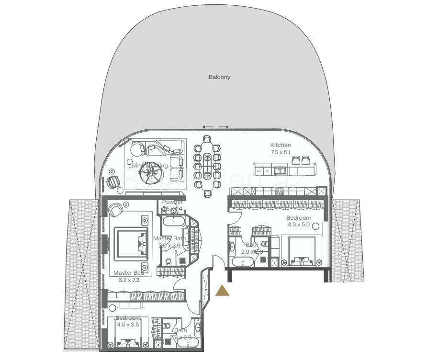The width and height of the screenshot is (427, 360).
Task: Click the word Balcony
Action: click(x=219, y=77)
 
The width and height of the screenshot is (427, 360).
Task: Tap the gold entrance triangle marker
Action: click(x=222, y=290)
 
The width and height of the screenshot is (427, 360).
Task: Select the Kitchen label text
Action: click(x=280, y=145)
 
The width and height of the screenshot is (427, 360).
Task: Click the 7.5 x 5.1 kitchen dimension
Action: click(x=280, y=152)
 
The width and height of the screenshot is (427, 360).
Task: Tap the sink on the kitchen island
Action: click(x=280, y=169)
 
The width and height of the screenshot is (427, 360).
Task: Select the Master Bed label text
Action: click(x=128, y=273)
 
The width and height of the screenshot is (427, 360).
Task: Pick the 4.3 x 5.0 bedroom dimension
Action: click(x=299, y=224)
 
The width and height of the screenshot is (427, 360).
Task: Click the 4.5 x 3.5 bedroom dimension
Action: click(x=128, y=324)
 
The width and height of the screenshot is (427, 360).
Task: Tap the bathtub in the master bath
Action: click(x=172, y=221)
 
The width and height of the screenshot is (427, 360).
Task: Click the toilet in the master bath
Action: click(x=169, y=262)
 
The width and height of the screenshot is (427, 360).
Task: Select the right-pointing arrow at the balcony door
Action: click(x=223, y=127)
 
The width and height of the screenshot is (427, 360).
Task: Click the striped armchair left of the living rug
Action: click(x=113, y=182)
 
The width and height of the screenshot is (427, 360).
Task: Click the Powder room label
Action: click(x=172, y=202)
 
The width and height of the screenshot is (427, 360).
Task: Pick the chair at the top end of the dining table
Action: click(x=206, y=139)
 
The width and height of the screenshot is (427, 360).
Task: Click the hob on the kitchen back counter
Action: click(x=280, y=191)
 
